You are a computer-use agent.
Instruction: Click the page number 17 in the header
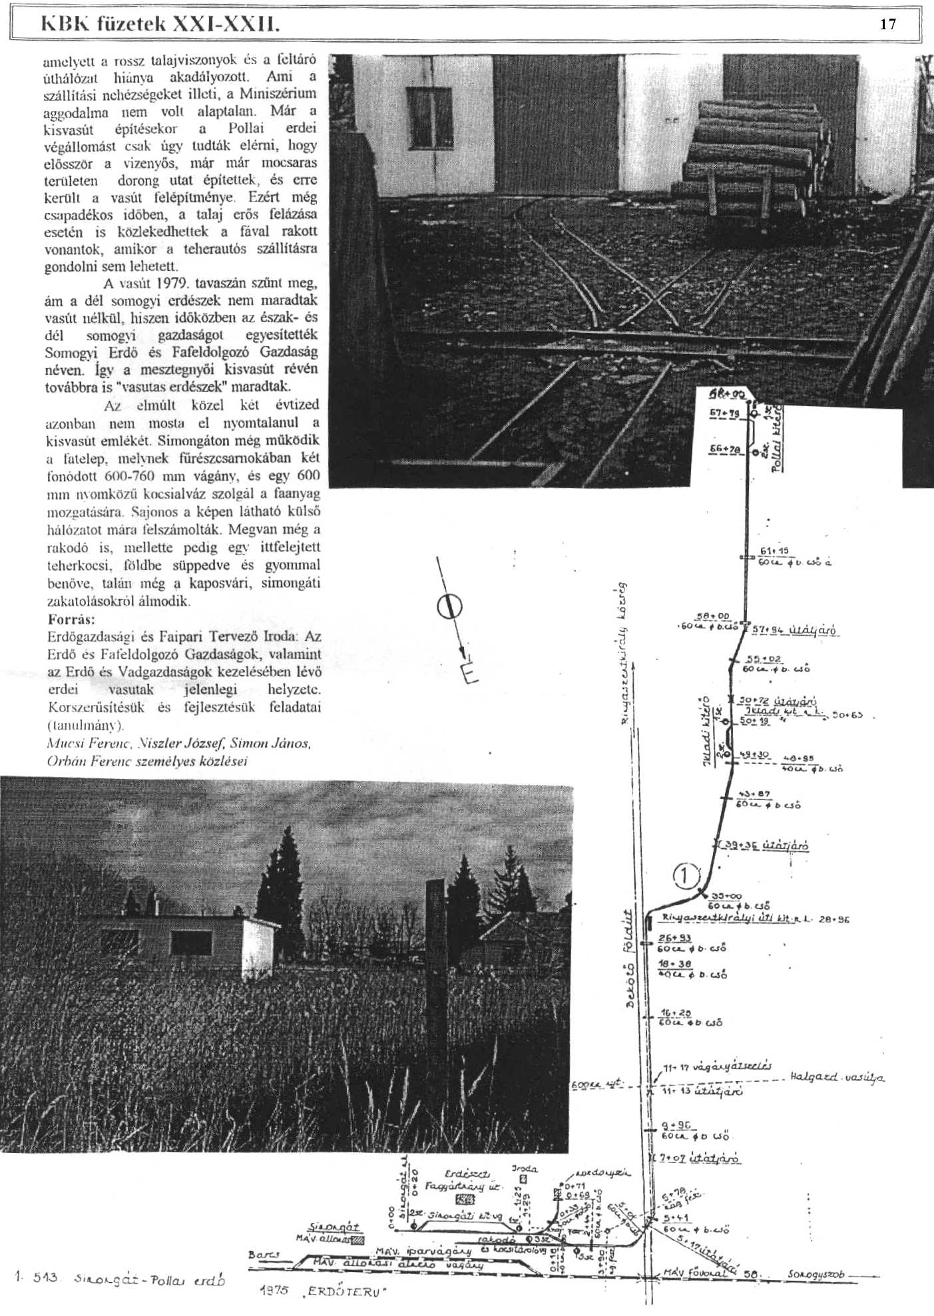887,25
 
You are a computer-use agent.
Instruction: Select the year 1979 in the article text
169,283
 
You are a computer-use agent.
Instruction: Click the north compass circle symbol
450,606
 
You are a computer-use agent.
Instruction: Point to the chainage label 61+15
773,550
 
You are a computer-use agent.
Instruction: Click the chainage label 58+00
712,616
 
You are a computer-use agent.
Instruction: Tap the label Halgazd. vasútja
837,1077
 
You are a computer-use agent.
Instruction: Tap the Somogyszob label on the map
816,1274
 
